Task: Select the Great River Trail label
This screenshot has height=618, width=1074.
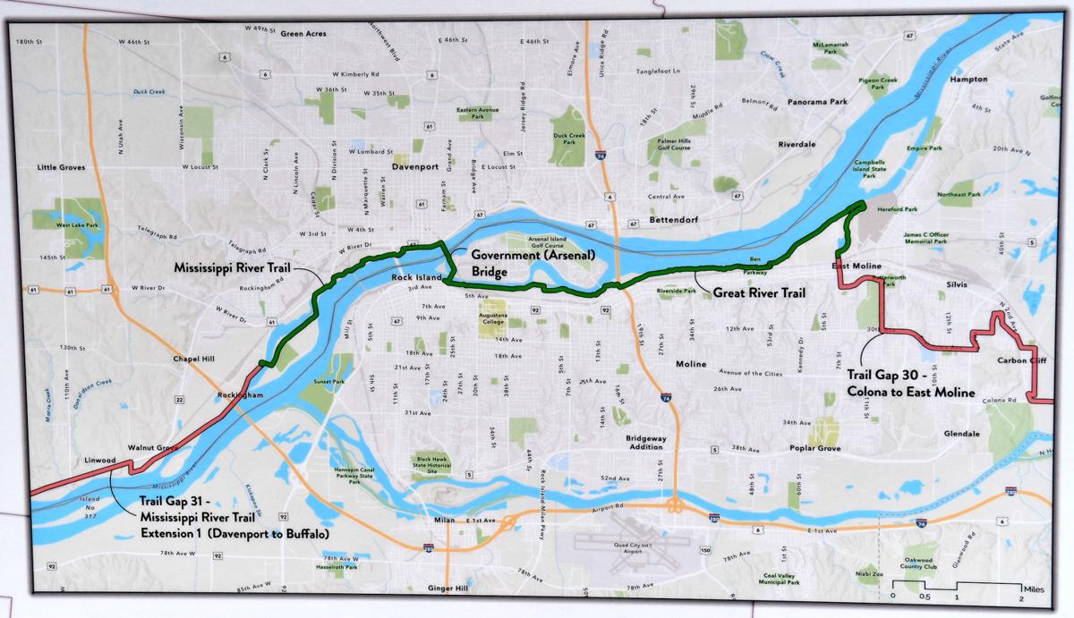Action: point(760,292)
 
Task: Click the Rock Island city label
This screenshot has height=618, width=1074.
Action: point(417,278)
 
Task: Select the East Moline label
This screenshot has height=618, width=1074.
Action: point(856,267)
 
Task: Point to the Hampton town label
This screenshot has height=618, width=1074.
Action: point(967,79)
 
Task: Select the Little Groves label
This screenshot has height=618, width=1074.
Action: point(61,167)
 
